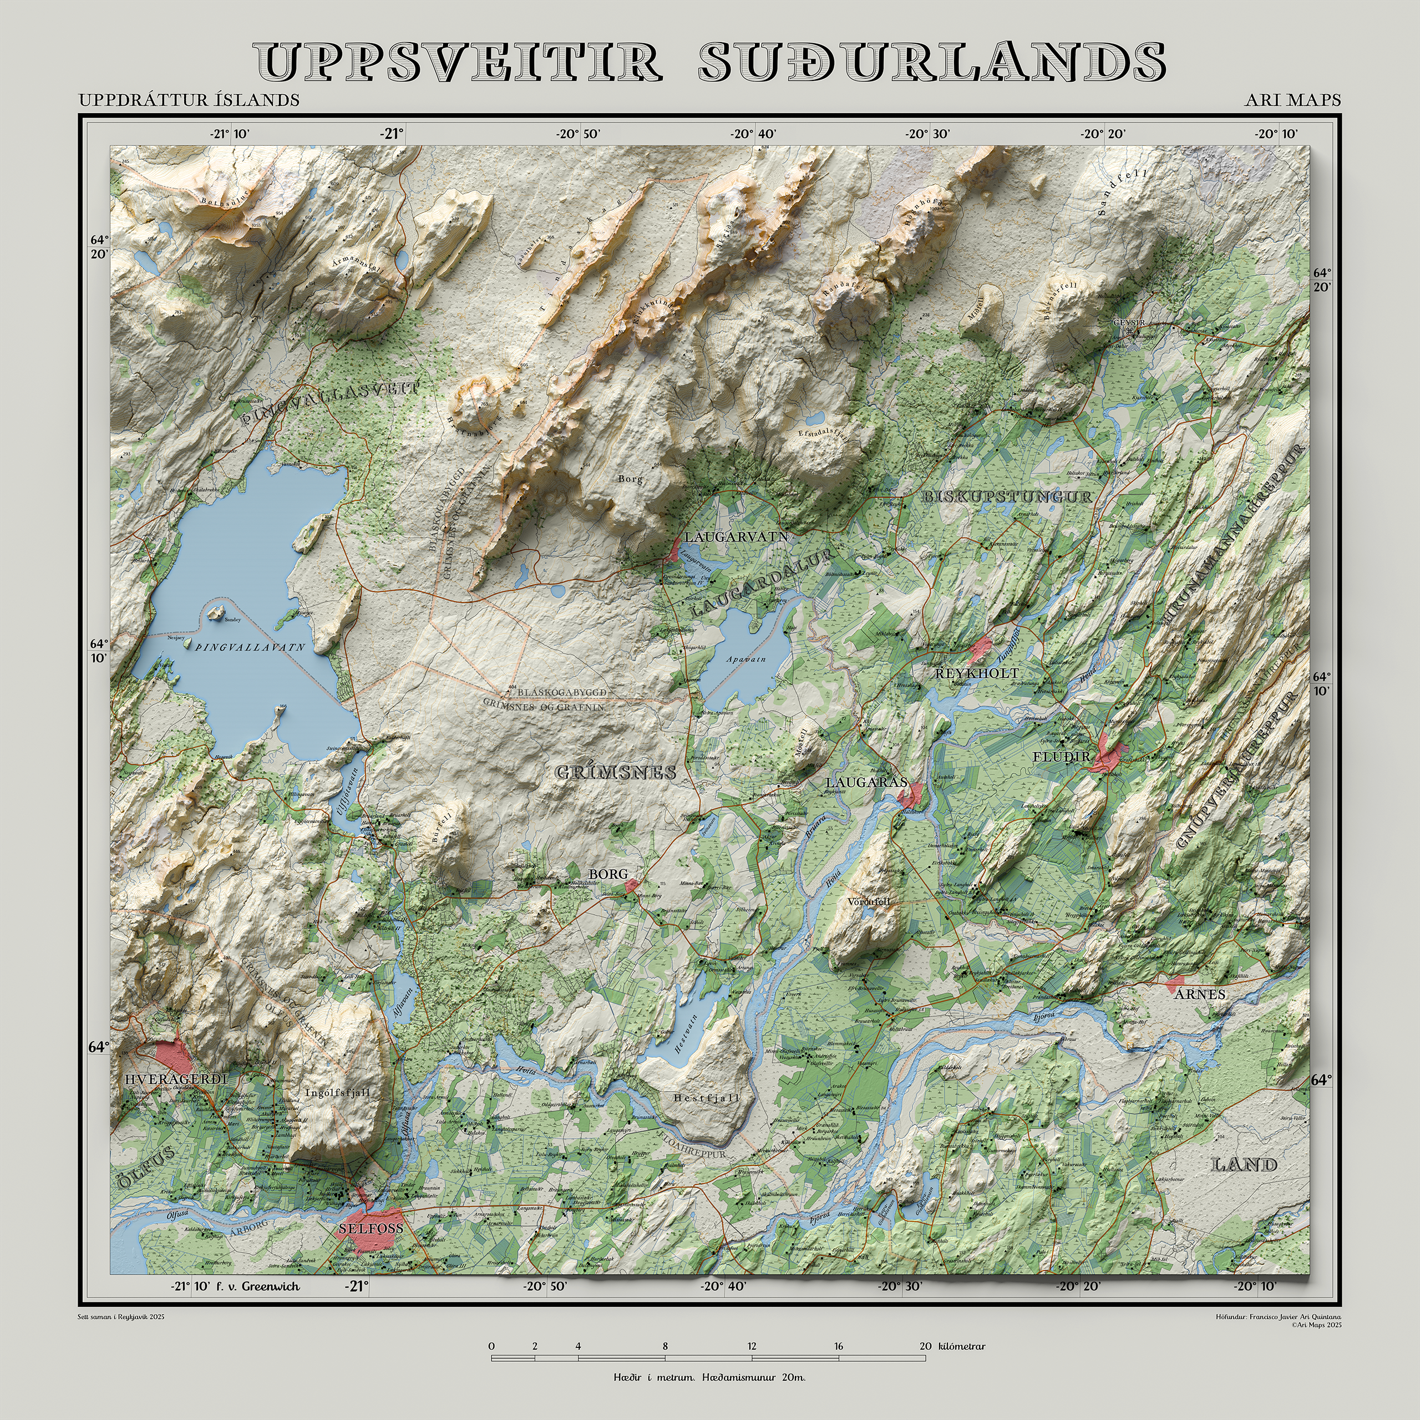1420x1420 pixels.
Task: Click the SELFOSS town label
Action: click(x=371, y=1228)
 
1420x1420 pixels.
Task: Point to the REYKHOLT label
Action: click(x=976, y=673)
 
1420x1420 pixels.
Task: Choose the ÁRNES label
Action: click(x=1199, y=995)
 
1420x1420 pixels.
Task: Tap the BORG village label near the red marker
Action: click(x=608, y=874)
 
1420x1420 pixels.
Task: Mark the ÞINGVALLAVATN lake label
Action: click(x=250, y=647)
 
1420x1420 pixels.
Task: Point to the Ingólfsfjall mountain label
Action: click(x=337, y=1092)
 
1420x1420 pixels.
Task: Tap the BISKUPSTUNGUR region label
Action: click(x=1007, y=497)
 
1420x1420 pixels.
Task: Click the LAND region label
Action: click(x=1244, y=1164)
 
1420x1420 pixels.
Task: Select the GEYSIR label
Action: click(x=1129, y=323)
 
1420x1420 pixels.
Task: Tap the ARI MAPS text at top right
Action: click(x=1292, y=100)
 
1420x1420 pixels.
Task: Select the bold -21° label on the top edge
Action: click(x=392, y=134)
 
